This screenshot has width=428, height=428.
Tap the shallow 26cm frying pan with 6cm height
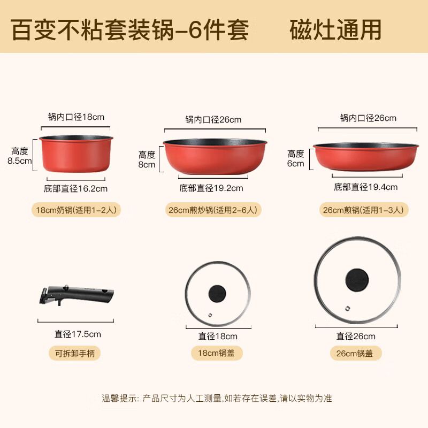click(x=365, y=155)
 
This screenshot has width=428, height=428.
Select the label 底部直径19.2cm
click(x=211, y=188)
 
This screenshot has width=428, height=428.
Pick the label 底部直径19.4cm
click(x=365, y=187)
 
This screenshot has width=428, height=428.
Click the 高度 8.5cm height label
click(x=20, y=156)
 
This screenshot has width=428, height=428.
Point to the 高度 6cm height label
click(x=296, y=158)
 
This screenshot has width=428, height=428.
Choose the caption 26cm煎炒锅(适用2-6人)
click(x=213, y=210)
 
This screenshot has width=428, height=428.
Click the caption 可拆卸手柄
click(x=74, y=353)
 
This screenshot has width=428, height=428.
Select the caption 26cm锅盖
click(x=355, y=353)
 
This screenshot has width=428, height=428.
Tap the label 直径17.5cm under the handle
click(x=78, y=334)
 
